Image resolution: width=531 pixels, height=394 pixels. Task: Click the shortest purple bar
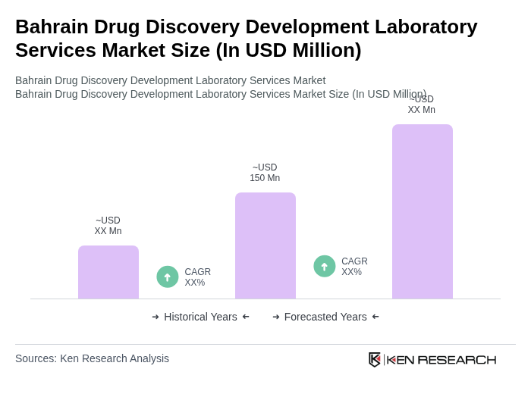(x=108, y=272)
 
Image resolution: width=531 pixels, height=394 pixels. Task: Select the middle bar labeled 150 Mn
(x=265, y=245)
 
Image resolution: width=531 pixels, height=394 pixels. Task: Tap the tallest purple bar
(x=422, y=211)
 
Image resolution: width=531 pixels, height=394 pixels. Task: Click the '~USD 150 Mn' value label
(x=265, y=173)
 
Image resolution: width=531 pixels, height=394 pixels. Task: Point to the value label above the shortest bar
(x=108, y=226)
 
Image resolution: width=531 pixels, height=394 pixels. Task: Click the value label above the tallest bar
(x=421, y=105)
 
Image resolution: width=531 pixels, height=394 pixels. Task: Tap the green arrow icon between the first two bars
(x=168, y=277)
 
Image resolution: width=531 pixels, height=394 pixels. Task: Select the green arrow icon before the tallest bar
(x=325, y=267)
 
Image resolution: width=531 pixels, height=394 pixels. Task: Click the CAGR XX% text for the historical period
(x=197, y=277)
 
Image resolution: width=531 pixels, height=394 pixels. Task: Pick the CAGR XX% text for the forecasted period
(x=354, y=267)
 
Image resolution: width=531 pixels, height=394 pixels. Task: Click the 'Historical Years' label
(x=200, y=317)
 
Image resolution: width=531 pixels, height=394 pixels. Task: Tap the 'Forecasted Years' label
(x=325, y=317)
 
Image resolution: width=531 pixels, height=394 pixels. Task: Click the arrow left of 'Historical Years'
(x=156, y=317)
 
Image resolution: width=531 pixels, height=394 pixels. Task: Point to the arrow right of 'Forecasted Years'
(x=375, y=317)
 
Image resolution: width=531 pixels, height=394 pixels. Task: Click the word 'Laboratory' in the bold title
(x=430, y=27)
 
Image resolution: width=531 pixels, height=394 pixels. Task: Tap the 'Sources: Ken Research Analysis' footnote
(x=92, y=358)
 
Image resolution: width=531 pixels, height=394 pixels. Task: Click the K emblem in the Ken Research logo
(x=375, y=359)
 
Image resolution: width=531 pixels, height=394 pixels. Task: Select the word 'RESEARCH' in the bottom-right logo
(x=457, y=359)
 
